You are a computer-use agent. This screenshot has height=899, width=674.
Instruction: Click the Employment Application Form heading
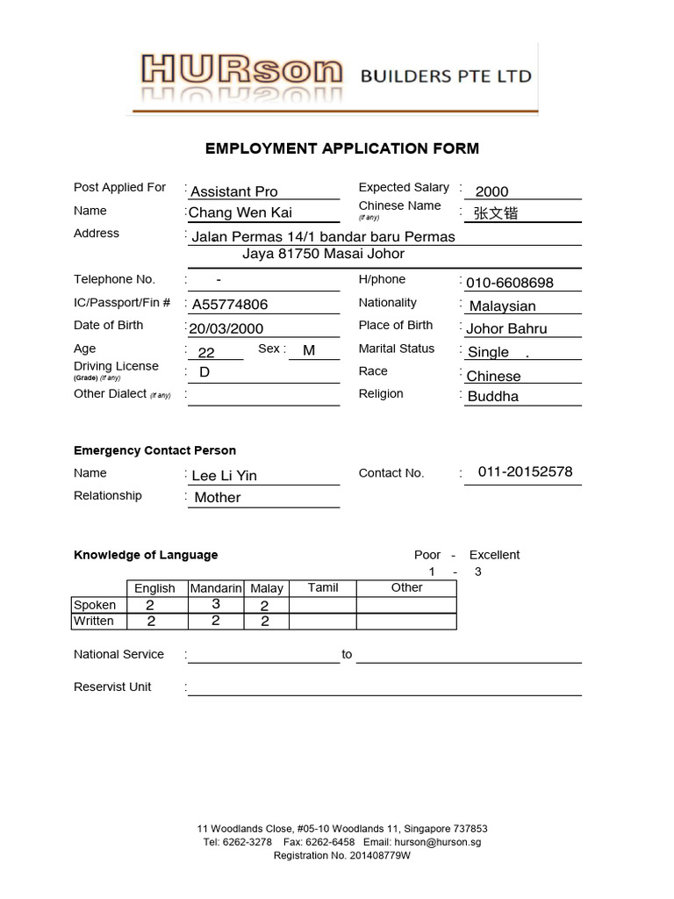click(x=341, y=148)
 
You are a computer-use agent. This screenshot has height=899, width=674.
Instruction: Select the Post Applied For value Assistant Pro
click(x=234, y=191)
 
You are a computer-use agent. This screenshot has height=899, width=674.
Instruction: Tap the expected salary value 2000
click(x=491, y=191)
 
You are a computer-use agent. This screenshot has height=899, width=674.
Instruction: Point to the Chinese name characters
click(x=496, y=212)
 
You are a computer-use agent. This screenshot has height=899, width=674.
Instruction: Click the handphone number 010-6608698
click(x=510, y=283)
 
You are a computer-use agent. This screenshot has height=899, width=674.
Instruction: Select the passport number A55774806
click(x=230, y=305)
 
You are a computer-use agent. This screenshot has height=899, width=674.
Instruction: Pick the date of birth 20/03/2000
click(x=226, y=328)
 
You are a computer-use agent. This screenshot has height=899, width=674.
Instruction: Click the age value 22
click(x=206, y=352)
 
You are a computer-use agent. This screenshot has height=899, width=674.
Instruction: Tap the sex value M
click(x=308, y=350)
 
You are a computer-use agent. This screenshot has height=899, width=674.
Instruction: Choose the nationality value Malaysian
click(x=502, y=306)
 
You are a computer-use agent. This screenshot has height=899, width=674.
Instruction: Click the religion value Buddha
click(x=493, y=396)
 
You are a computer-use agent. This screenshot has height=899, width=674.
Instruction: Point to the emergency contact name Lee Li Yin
click(x=225, y=476)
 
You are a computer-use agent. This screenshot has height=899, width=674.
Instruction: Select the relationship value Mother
click(x=218, y=498)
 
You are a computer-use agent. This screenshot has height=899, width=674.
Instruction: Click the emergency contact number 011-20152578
click(x=525, y=471)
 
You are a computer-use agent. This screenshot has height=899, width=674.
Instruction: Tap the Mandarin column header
click(x=216, y=588)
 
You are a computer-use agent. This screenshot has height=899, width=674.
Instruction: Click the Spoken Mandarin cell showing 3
click(x=216, y=605)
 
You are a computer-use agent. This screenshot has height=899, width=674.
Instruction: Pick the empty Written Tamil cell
click(x=322, y=622)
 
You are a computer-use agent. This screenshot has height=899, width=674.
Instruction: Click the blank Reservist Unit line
click(x=384, y=687)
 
